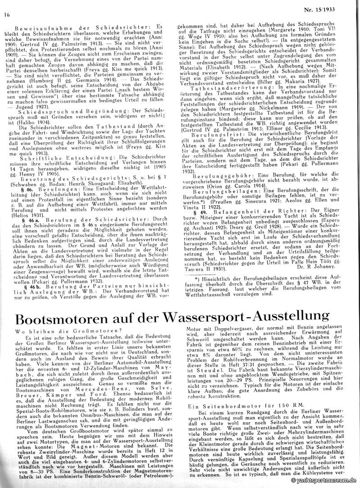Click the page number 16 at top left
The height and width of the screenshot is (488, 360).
(7, 14)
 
